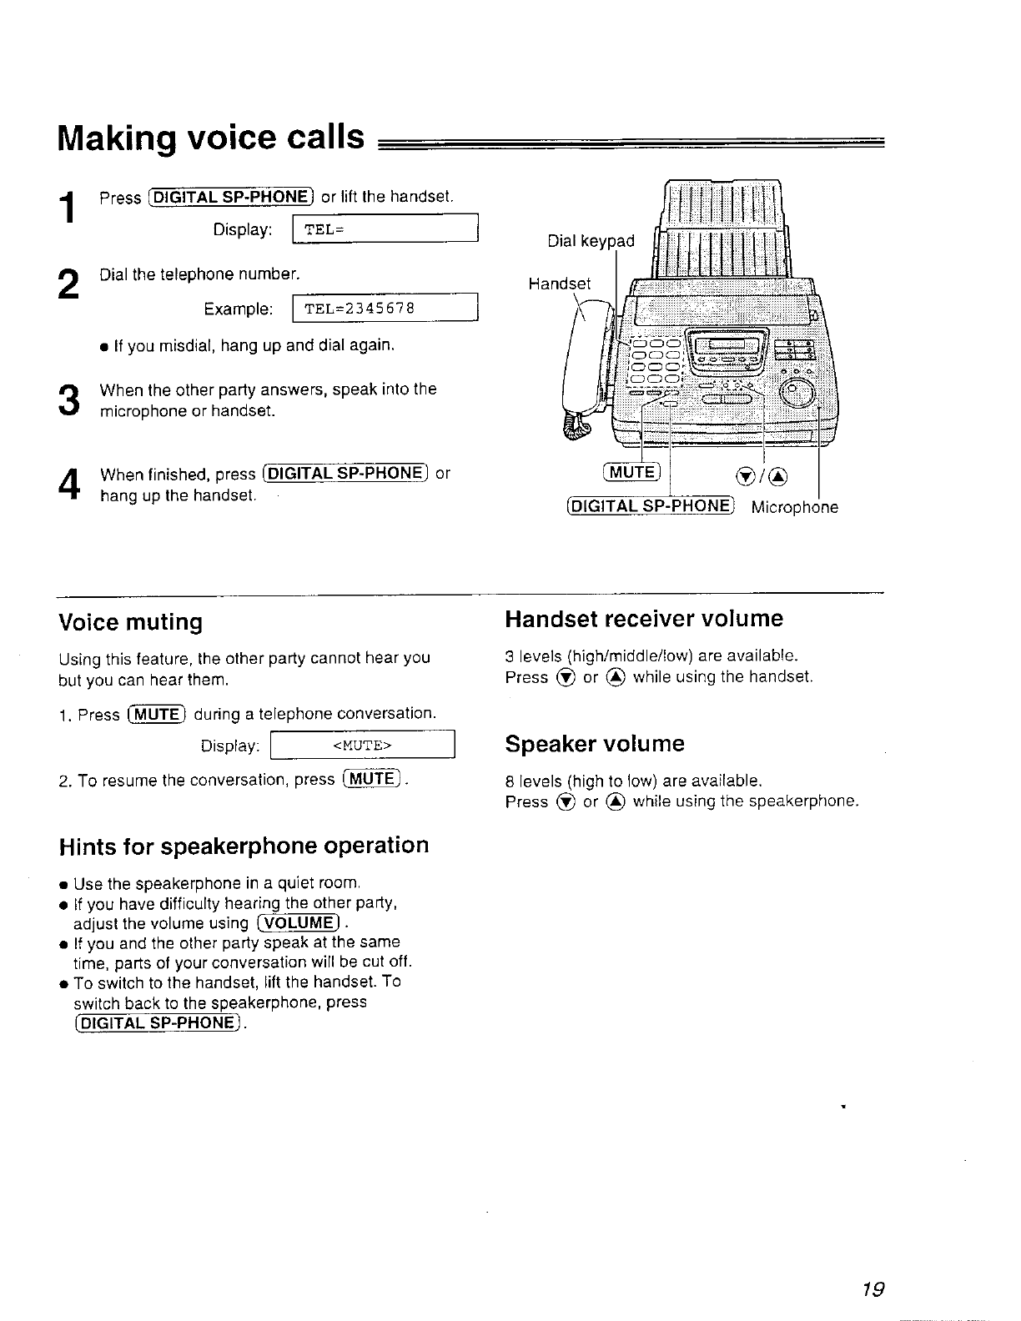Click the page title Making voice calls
211,138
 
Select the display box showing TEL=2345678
385,309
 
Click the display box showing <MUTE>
363,745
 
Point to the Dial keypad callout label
591,242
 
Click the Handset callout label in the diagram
559,284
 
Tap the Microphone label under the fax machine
795,507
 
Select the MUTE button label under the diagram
631,473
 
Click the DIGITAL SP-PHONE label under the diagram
650,507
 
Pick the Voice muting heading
131,622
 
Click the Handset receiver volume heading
644,619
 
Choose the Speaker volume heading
595,743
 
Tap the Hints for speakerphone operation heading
244,846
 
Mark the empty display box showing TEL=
385,230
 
